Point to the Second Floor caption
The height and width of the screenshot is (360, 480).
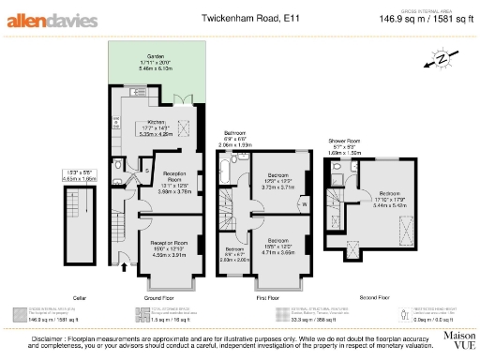click(x=375, y=279)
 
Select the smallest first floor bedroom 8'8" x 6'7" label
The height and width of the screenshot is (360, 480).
click(x=235, y=253)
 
